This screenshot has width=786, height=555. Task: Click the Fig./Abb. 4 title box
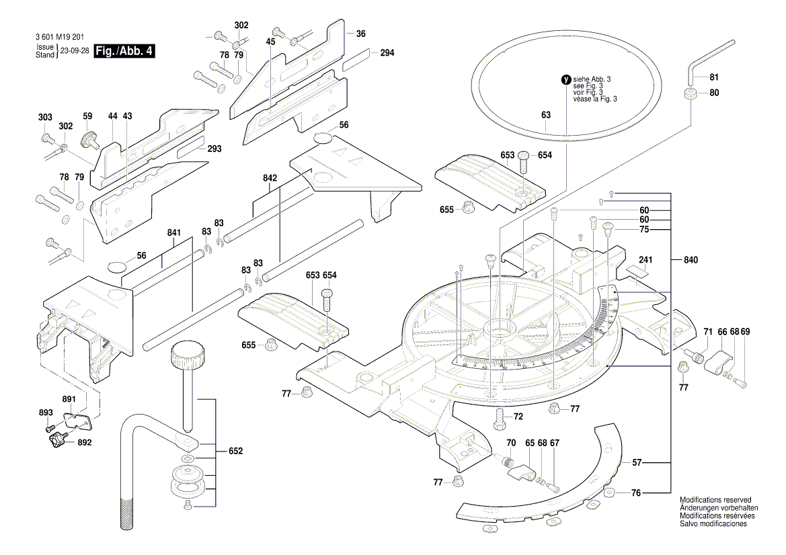click(124, 51)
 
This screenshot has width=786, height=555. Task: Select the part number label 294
click(387, 53)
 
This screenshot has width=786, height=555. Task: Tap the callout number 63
click(545, 115)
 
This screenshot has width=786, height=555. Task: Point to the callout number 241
click(646, 259)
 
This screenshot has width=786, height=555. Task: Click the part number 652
click(236, 451)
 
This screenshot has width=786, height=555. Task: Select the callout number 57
click(636, 463)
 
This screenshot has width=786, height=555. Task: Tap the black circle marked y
click(565, 79)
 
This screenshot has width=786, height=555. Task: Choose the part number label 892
click(85, 443)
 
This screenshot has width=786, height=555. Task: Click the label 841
click(175, 233)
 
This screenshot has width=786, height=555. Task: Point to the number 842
click(270, 178)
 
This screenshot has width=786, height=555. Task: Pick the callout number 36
click(360, 34)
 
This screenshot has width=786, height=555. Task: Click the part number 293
click(214, 148)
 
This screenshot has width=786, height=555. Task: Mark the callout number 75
click(643, 230)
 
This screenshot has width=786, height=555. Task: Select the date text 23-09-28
click(75, 51)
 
